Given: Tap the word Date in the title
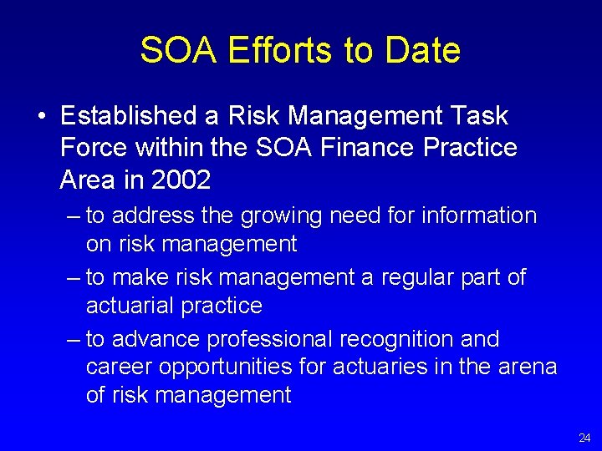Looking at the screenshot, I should (422, 50).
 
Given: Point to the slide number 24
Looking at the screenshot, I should (584, 438).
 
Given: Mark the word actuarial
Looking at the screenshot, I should (130, 306).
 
